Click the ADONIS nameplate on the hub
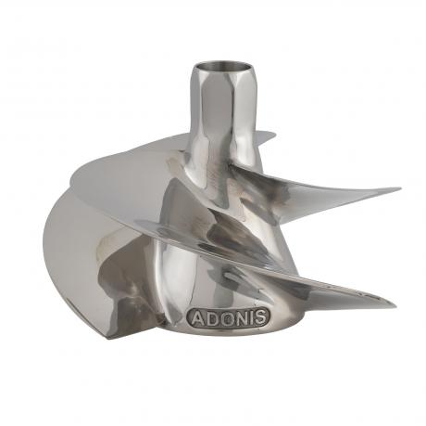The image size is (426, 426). (228, 317)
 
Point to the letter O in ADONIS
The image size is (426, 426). (224, 317)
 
